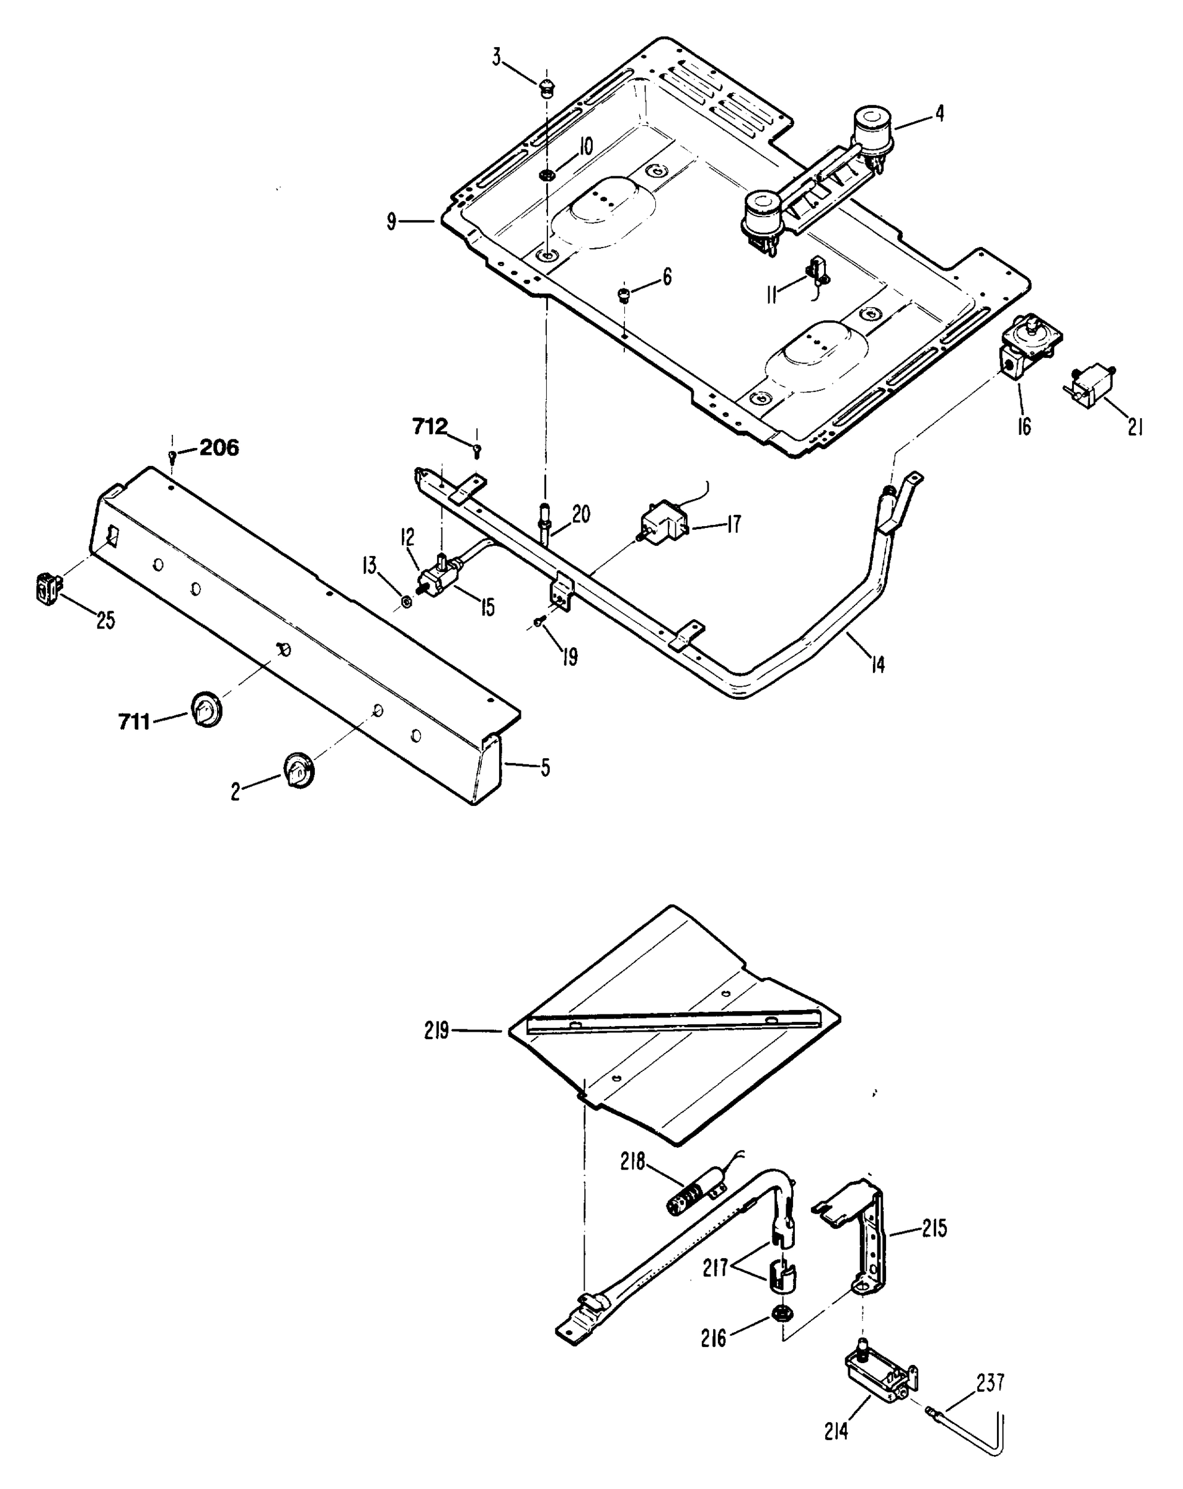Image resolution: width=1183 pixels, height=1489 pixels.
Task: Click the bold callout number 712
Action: [429, 427]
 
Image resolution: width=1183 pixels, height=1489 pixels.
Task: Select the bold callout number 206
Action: [219, 447]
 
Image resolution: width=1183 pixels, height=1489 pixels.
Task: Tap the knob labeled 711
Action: [206, 708]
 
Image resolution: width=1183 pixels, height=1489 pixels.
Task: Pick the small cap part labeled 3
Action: [547, 88]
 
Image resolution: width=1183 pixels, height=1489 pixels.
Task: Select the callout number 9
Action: [391, 221]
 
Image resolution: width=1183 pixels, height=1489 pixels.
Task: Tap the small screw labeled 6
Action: [623, 295]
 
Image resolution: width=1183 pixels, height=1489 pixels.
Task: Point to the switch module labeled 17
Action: [665, 523]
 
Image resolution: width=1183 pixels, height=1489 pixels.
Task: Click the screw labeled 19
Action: [538, 623]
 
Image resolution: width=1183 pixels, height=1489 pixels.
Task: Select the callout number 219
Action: [436, 1031]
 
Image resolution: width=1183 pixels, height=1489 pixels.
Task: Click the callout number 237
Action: [990, 1382]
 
